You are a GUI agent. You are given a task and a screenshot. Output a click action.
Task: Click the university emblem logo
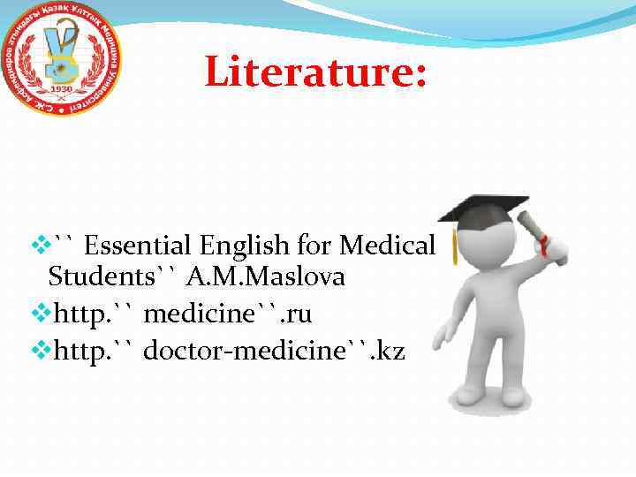[63, 63]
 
